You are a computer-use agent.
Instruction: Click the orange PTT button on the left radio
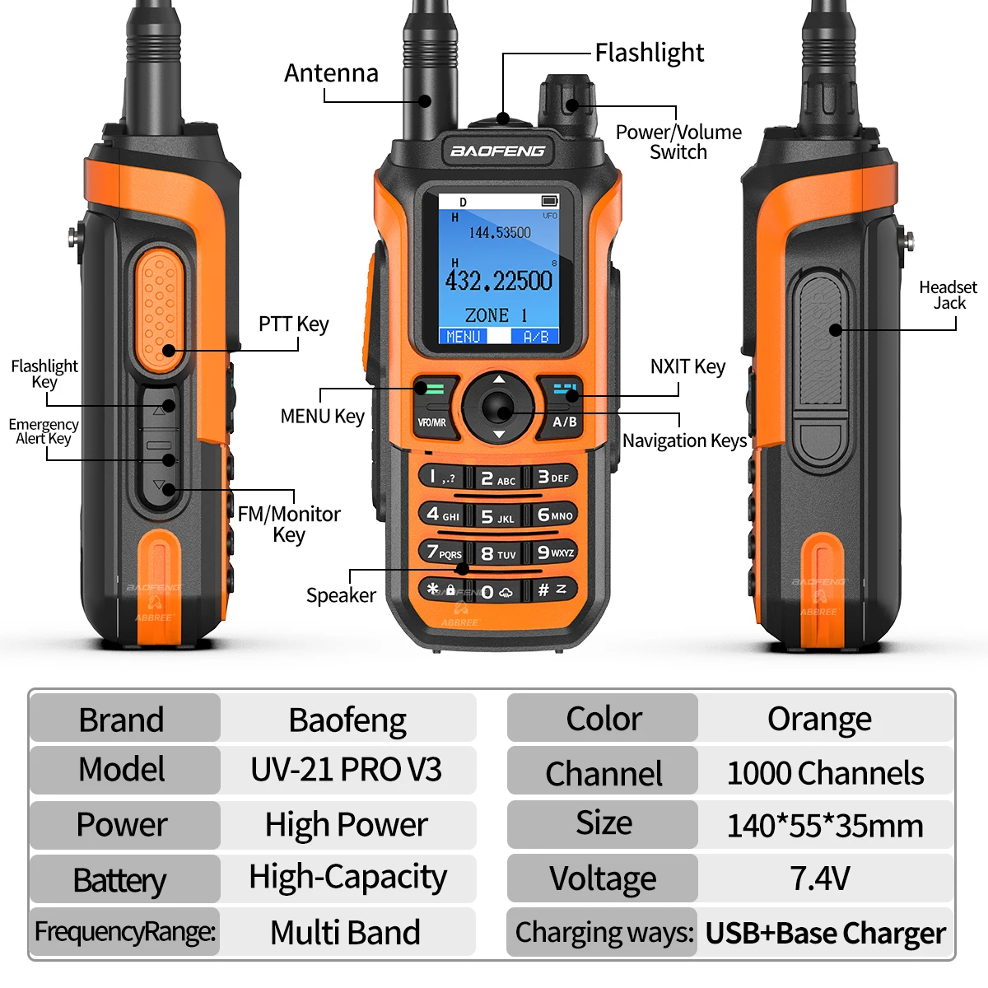point(158,311)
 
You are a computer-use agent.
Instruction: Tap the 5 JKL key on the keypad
point(497,516)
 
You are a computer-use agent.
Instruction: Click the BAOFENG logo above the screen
point(497,151)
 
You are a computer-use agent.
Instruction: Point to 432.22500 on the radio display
point(498,281)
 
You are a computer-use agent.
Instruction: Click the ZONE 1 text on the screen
point(496,315)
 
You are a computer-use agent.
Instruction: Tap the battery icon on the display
point(550,200)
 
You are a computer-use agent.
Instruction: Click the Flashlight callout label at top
point(650,53)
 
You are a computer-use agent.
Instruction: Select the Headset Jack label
point(948,295)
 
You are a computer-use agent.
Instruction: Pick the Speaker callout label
point(341,595)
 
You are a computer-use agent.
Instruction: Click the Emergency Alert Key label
point(44,431)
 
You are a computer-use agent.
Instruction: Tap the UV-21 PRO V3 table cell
point(346,770)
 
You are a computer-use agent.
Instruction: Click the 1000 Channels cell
point(826,772)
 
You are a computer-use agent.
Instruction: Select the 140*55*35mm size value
point(826,826)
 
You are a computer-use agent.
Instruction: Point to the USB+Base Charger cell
point(826,933)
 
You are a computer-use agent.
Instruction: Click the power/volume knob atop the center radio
point(566,105)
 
